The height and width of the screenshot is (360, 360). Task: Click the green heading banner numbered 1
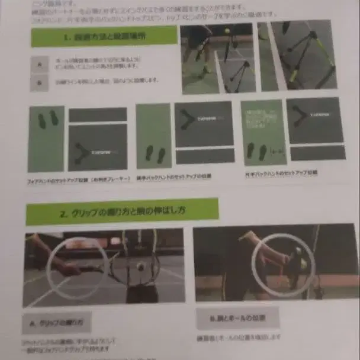point(103,36)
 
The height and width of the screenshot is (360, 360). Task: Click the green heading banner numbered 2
point(121,211)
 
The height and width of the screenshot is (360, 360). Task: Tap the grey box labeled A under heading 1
point(40,64)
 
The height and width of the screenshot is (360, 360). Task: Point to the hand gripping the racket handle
point(70,269)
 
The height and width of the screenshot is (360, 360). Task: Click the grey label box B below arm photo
point(237,317)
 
